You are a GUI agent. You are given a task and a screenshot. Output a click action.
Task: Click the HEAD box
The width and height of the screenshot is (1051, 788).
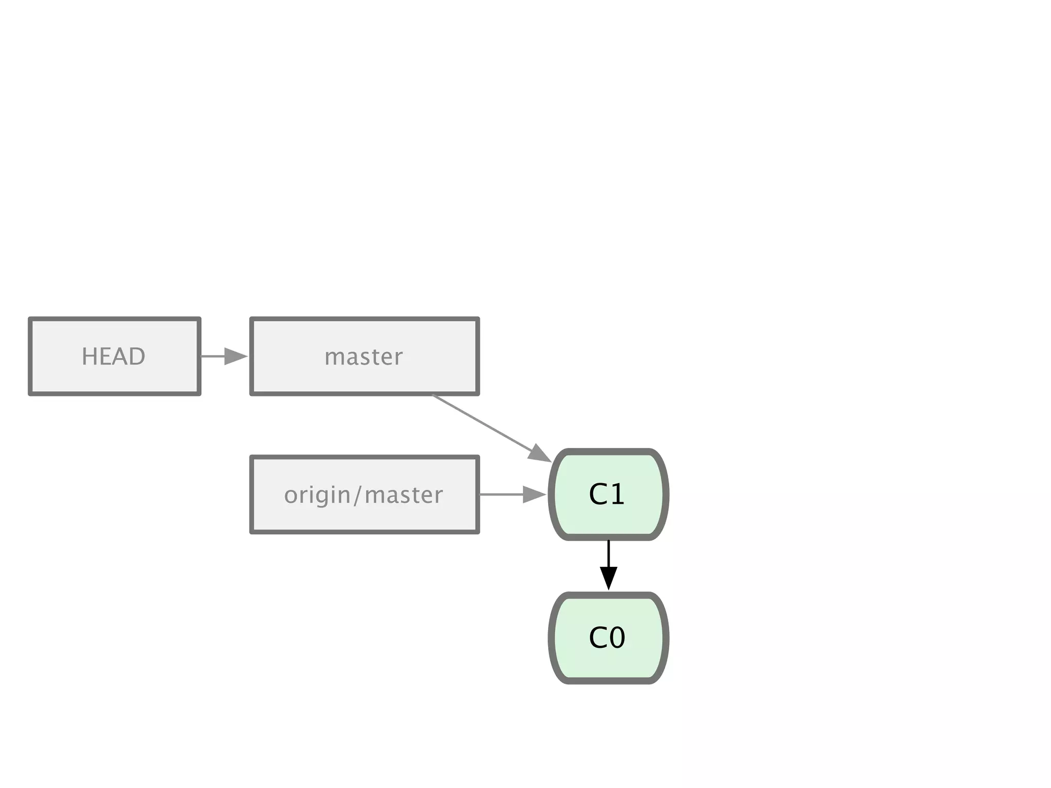coord(114,357)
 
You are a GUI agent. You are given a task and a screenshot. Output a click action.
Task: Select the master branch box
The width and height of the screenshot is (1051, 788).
coord(364,357)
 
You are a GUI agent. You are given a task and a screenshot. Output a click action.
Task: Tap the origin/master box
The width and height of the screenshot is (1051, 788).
coord(364,495)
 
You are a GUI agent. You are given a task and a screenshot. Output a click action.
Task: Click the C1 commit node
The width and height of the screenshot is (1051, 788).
coord(608,495)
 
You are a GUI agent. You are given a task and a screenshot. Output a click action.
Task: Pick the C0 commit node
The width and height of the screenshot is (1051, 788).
coord(608,638)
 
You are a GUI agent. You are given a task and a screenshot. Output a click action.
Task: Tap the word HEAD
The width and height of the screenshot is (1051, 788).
coord(114,357)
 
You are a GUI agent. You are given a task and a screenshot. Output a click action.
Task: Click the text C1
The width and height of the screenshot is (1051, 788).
coord(607,495)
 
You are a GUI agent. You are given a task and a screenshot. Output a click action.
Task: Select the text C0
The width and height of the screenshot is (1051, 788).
coord(607,638)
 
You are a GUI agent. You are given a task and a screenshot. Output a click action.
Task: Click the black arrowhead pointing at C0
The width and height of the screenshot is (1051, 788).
coord(608,578)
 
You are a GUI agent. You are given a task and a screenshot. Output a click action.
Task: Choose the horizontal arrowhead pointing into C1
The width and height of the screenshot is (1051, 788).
coord(534,495)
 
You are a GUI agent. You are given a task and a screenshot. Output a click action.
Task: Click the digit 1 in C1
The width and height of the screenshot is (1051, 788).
coord(617,495)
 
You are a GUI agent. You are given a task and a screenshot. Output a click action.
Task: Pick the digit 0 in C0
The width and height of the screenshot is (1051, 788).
coord(617,638)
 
